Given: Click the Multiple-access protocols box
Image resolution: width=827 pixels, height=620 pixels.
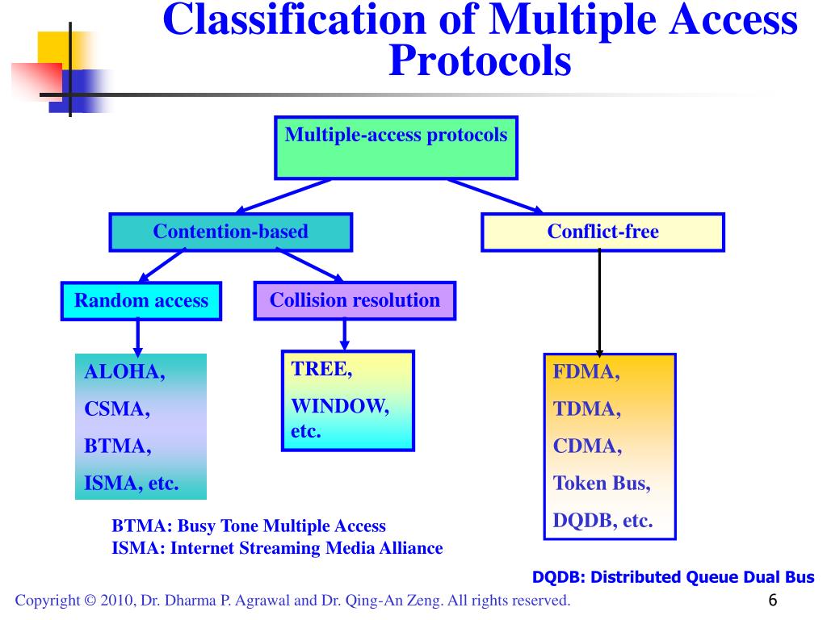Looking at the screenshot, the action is [396, 148].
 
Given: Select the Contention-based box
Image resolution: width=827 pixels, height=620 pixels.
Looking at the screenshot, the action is [230, 232].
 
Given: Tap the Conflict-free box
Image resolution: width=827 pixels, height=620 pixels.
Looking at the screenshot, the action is [602, 232].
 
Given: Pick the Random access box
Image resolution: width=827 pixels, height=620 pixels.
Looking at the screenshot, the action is [141, 301].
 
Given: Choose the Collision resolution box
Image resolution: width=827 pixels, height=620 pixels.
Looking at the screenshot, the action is [355, 300].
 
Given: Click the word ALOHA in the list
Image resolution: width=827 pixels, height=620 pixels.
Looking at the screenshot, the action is [124, 371].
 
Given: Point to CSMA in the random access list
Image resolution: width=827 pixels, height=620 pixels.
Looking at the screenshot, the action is [117, 408].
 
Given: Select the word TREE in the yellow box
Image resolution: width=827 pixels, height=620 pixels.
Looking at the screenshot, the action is [321, 369].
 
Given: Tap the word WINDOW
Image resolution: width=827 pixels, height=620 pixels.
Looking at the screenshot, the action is [340, 406].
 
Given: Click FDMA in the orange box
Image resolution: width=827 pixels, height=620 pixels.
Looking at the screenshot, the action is [586, 371].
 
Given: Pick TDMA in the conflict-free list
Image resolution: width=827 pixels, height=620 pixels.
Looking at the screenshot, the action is [586, 408].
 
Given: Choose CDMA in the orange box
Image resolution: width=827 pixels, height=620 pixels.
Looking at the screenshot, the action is [587, 446].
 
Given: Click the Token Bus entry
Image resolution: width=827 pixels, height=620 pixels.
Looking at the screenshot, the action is [602, 483].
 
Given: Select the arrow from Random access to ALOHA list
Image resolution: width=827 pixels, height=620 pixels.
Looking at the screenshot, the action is [137, 338].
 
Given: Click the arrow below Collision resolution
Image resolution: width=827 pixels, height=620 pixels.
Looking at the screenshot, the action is [344, 335].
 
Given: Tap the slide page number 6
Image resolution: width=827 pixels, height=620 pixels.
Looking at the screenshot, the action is [773, 600].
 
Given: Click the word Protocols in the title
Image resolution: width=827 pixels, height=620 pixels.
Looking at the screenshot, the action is [480, 61].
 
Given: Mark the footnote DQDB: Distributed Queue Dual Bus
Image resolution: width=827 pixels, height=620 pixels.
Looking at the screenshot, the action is [673, 577].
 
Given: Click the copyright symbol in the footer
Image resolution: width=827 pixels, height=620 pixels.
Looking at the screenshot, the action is [90, 601].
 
